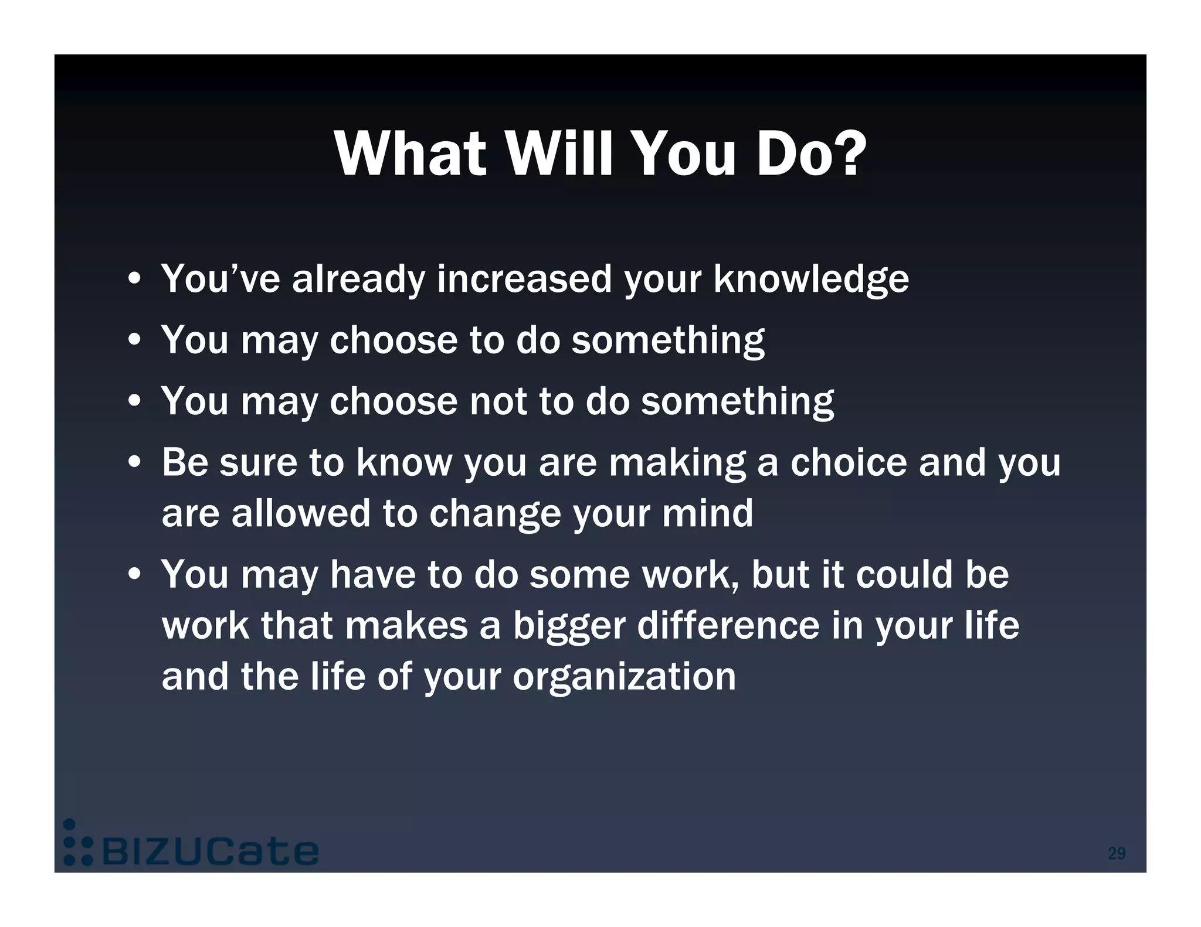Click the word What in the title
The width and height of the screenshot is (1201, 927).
pos(410,154)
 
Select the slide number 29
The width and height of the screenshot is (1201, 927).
pos(1116,853)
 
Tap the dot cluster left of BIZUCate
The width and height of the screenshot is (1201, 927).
pos(77,844)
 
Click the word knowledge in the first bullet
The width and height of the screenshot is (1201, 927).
pos(811,279)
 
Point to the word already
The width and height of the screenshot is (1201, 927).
pos(358,279)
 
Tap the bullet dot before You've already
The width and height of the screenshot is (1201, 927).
pos(135,280)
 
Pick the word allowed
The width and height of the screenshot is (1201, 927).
pos(301,513)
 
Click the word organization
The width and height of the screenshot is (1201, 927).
pos(624,677)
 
